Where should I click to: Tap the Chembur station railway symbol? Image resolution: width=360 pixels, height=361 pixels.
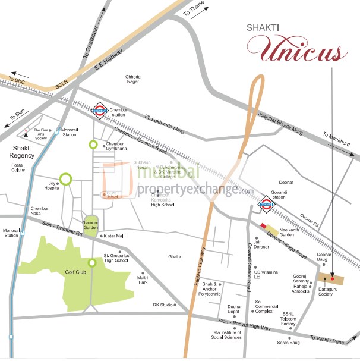tap(100, 109)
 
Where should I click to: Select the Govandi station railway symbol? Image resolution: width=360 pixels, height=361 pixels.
tap(266, 206)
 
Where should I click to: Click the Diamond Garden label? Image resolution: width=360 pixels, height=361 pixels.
tap(91, 225)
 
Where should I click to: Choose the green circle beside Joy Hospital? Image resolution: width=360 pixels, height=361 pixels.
tap(66, 178)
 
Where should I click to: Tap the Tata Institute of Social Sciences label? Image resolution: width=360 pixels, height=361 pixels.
tap(226, 334)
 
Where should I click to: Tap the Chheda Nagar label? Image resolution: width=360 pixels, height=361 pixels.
tap(132, 79)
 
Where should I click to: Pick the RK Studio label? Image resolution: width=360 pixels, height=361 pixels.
tap(163, 305)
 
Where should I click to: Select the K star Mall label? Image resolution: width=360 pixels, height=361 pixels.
tap(113, 236)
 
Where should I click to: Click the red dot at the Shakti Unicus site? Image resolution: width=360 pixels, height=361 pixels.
tap(333, 278)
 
